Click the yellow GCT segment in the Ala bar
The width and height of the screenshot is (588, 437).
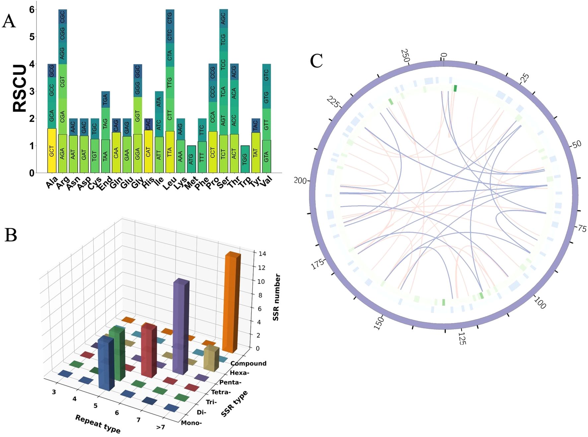click(x=52, y=151)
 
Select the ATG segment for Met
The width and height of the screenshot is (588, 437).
click(x=191, y=159)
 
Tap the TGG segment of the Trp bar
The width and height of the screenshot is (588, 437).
click(x=245, y=159)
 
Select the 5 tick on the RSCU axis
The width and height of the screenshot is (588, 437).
click(x=32, y=37)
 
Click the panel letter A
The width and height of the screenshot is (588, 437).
click(x=9, y=22)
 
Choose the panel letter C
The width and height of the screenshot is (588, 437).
click(x=316, y=61)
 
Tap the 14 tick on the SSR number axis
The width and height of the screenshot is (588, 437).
click(x=262, y=254)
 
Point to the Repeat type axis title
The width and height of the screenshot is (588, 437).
click(x=98, y=424)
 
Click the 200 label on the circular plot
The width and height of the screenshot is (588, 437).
click(x=300, y=181)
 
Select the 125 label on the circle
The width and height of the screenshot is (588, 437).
click(x=462, y=338)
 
